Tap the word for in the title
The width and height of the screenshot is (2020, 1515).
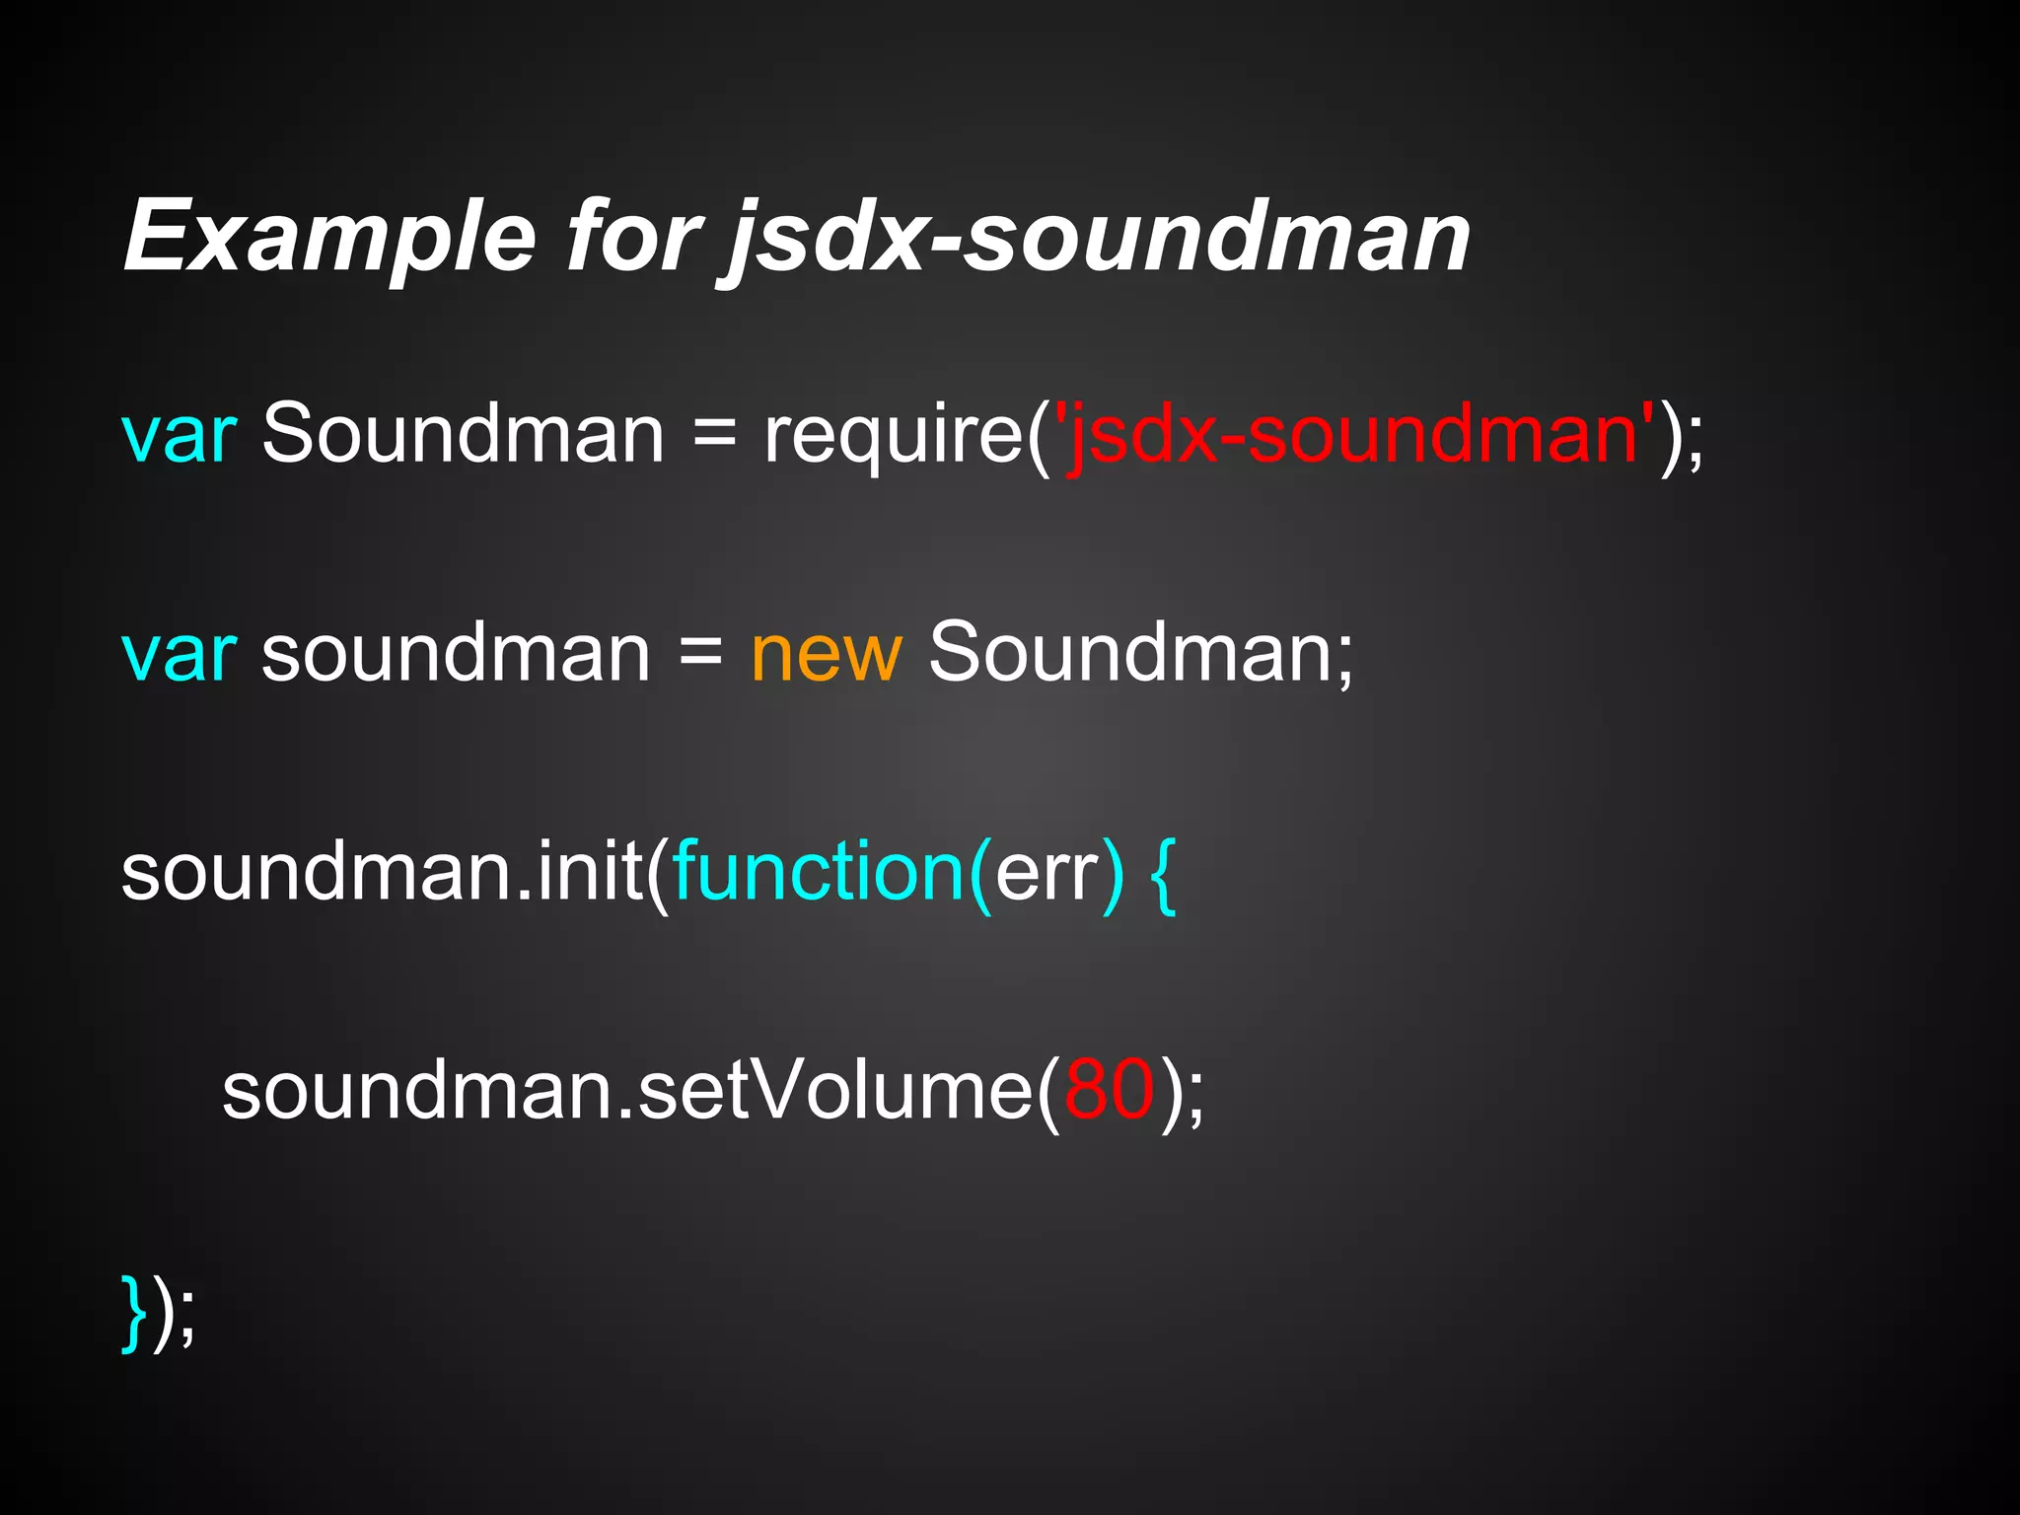click(632, 237)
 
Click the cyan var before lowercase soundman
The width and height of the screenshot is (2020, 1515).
click(179, 654)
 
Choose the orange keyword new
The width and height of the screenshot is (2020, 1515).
click(826, 654)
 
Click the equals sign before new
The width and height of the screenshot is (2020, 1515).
click(700, 654)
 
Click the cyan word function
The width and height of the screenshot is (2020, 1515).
click(819, 872)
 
